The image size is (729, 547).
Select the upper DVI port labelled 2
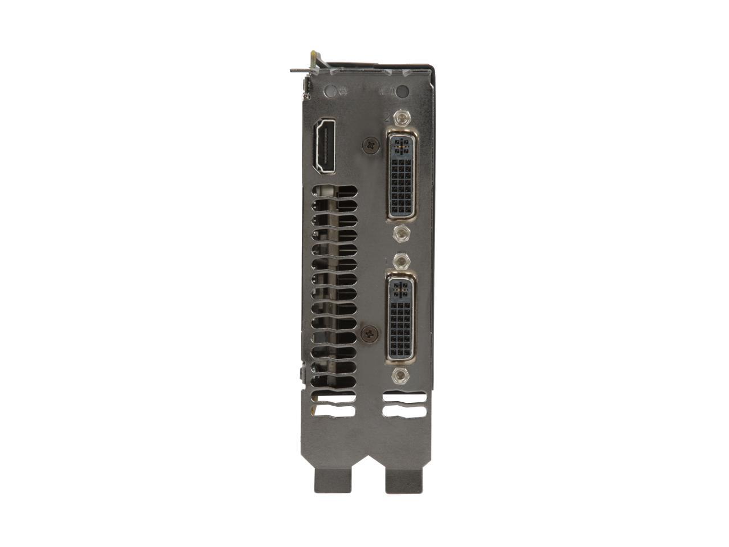pos(403,174)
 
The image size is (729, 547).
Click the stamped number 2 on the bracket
pos(387,118)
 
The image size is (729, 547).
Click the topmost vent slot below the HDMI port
pos(335,192)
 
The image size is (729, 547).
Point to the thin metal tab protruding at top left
pos(302,71)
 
